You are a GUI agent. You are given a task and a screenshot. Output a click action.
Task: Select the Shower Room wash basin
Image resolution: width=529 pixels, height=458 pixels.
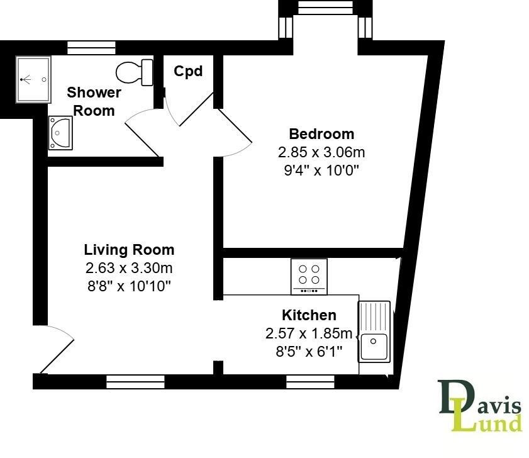click(60, 133)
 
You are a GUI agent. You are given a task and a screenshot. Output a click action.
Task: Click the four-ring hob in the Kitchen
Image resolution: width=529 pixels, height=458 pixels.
click(309, 276)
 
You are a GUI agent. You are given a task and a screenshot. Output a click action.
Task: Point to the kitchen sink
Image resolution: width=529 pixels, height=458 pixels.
click(374, 332)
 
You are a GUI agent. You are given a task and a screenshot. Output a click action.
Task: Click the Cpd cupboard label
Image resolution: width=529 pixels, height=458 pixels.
click(188, 72)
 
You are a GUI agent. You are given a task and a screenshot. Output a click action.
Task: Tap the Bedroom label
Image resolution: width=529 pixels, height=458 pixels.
click(321, 134)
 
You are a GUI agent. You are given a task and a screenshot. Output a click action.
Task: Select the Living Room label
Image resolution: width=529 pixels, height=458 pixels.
click(129, 250)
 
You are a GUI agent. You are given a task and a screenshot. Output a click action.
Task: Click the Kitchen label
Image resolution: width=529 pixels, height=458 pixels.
click(309, 315)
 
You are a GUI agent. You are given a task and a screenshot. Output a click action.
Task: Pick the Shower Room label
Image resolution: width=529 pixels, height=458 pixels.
click(94, 101)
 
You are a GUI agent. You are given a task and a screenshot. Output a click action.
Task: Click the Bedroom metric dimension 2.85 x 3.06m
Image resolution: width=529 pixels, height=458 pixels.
click(321, 152)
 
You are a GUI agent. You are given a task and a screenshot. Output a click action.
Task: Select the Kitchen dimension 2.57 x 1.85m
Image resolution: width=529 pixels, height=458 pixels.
click(309, 333)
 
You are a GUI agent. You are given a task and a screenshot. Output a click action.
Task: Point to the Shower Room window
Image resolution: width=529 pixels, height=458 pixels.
click(92, 47)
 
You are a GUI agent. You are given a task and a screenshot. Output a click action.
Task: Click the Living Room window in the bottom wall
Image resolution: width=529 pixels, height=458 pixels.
click(135, 381)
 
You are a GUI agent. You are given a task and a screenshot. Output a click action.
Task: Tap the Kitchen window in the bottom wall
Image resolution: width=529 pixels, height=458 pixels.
click(311, 381)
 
